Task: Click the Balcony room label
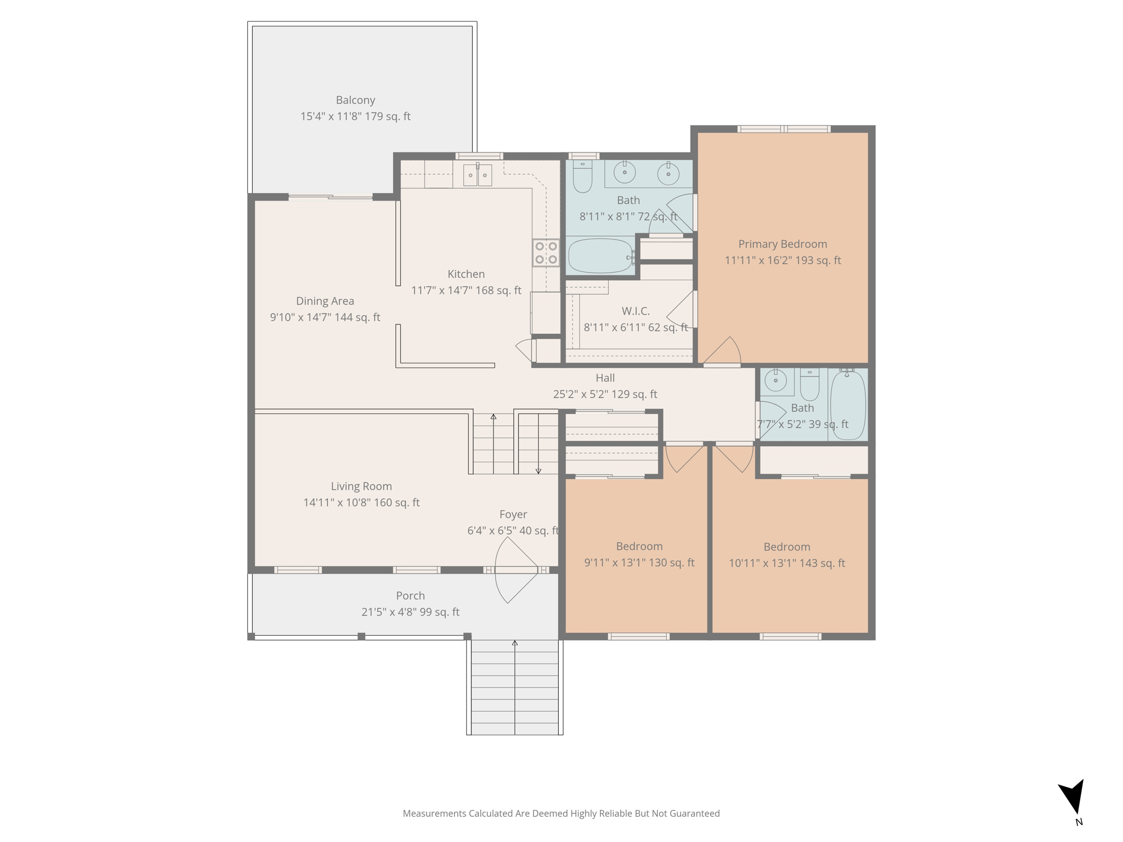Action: (355, 100)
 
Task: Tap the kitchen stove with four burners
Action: (546, 253)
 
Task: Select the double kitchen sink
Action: (477, 175)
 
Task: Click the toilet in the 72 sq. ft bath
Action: (582, 176)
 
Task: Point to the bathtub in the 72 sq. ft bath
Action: (600, 256)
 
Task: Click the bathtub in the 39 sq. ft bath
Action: (848, 405)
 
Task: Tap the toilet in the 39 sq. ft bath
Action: (809, 385)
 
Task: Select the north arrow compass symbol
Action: (1073, 797)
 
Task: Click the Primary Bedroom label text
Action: (782, 244)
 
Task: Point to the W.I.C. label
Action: (636, 311)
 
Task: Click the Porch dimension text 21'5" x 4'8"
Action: (410, 612)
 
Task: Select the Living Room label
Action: (361, 487)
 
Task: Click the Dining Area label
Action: (325, 301)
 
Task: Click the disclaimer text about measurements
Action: (561, 813)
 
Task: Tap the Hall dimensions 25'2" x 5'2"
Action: (605, 394)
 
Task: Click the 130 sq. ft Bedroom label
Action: (639, 547)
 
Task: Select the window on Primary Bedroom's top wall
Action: (784, 129)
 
